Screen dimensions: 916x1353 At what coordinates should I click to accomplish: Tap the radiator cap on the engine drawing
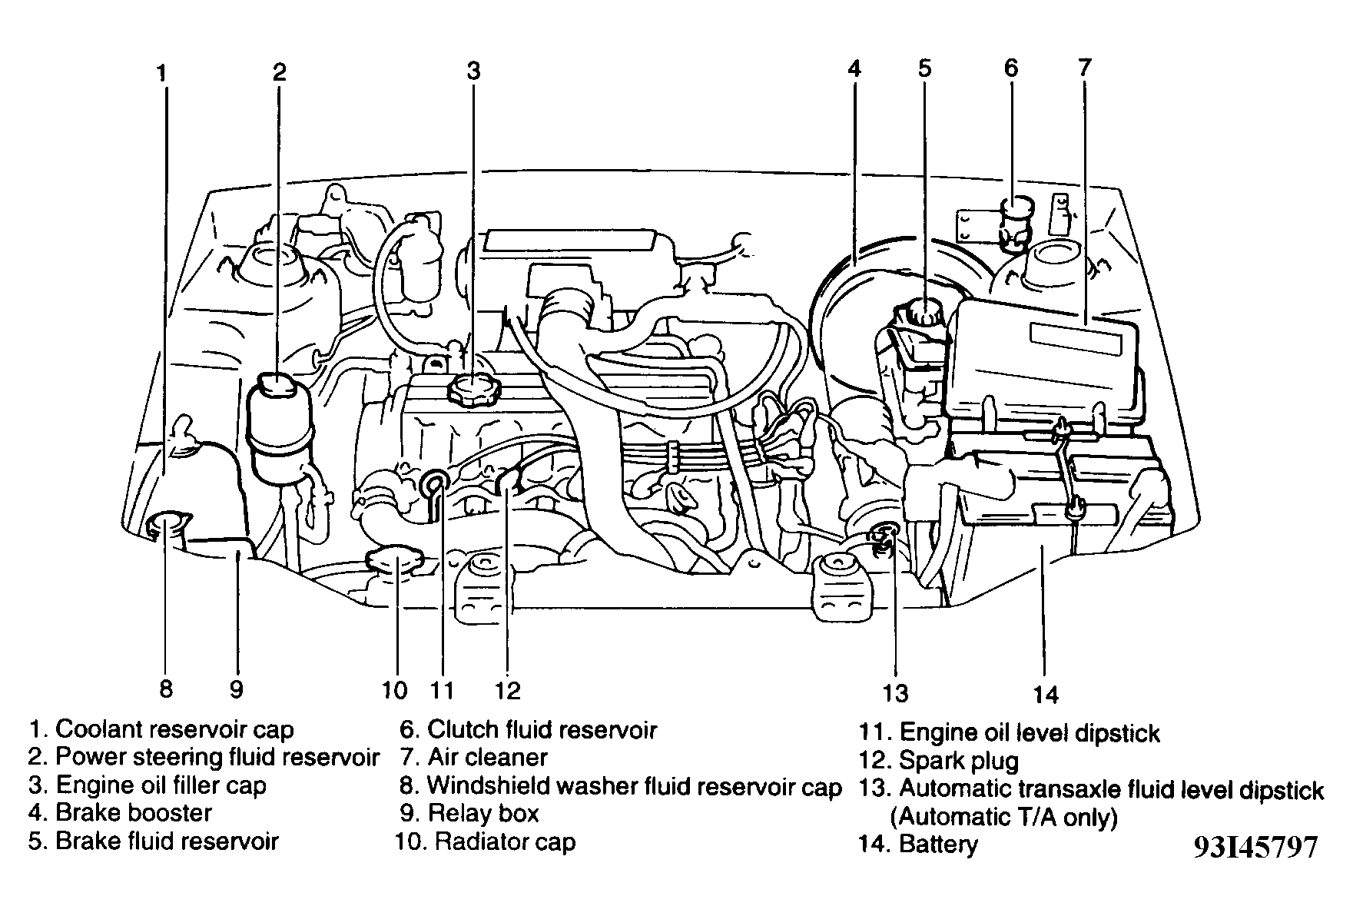(396, 559)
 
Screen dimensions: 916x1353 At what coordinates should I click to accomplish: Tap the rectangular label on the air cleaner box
(1076, 338)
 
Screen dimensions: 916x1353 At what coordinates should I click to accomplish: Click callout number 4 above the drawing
(854, 69)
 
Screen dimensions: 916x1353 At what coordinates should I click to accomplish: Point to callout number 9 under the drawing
(237, 689)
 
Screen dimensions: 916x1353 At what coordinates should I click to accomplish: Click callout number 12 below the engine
(507, 690)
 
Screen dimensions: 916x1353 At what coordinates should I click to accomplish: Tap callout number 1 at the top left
(161, 73)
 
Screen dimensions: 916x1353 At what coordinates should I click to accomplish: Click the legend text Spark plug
(958, 762)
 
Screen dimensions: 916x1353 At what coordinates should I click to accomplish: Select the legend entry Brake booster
(133, 813)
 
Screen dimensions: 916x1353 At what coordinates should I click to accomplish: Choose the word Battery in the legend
(938, 845)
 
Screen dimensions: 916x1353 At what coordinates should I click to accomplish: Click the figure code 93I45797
(1255, 848)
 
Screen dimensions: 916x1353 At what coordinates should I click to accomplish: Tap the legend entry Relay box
(483, 813)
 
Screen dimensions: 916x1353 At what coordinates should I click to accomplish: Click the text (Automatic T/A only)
(1003, 817)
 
